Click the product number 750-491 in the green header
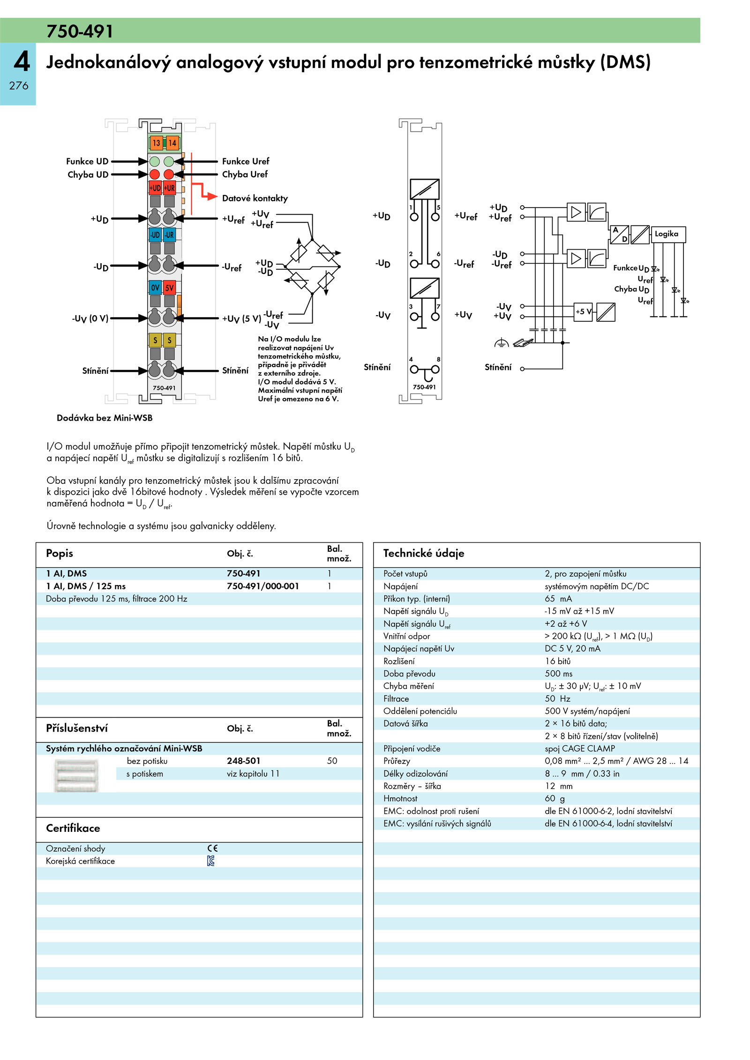point(80,31)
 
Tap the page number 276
point(19,86)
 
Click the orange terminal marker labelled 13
point(156,143)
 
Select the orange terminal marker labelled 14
point(172,143)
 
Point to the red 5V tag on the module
point(169,287)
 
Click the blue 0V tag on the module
point(155,287)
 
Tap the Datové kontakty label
point(255,198)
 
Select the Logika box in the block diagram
point(667,234)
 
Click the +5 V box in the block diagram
point(583,312)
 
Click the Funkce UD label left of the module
point(87,161)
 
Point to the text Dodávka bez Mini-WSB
point(105,418)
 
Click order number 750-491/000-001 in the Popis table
point(262,586)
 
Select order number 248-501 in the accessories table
point(243,761)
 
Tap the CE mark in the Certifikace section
point(213,848)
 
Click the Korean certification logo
point(211,861)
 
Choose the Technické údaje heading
point(424,553)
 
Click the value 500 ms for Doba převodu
point(558,674)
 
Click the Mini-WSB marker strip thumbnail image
point(76,775)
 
